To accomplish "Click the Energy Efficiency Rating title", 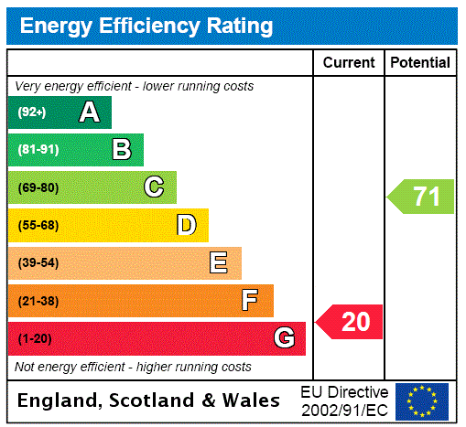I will tap(146, 26).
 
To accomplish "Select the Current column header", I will tap(349, 63).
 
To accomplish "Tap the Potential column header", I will tap(420, 63).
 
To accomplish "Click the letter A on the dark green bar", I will tap(89, 112).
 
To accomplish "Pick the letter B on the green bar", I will tap(121, 150).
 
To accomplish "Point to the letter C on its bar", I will tap(154, 187).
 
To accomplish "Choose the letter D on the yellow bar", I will tap(186, 225).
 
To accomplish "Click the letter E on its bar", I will tap(219, 263).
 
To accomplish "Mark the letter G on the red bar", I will tap(284, 339).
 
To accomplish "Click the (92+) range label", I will tap(32, 112).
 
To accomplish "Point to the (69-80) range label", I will tap(38, 187).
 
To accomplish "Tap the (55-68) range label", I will tap(38, 225).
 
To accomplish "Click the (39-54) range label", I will tap(38, 263).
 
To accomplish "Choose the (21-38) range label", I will tap(38, 301).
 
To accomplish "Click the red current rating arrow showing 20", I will tap(350, 322).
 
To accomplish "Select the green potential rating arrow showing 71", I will tap(421, 197).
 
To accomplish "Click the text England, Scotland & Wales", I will tap(149, 400).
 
